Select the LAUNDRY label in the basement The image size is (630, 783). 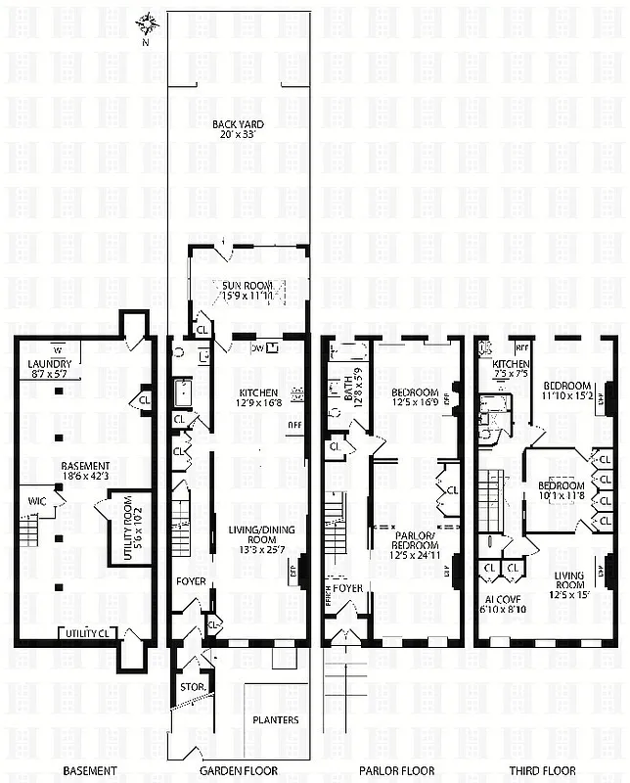click(49, 367)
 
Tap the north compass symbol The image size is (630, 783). click(148, 23)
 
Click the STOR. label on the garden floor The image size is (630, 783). click(192, 687)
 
